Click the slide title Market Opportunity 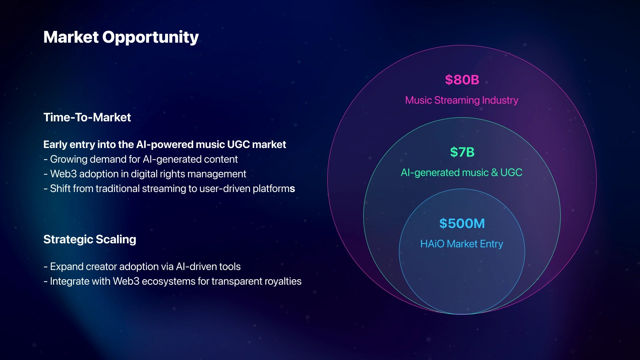121,37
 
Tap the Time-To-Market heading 87,117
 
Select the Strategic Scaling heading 90,240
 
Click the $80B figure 462,80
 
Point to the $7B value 462,152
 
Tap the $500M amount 462,223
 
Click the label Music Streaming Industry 462,100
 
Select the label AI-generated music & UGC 462,173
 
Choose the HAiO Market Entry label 462,244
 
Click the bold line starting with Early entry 165,145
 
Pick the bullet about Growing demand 141,159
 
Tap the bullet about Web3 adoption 145,174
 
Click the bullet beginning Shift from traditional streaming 169,189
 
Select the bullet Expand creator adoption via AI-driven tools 142,267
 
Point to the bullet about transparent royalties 173,281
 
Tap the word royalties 283,281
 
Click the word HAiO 432,244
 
